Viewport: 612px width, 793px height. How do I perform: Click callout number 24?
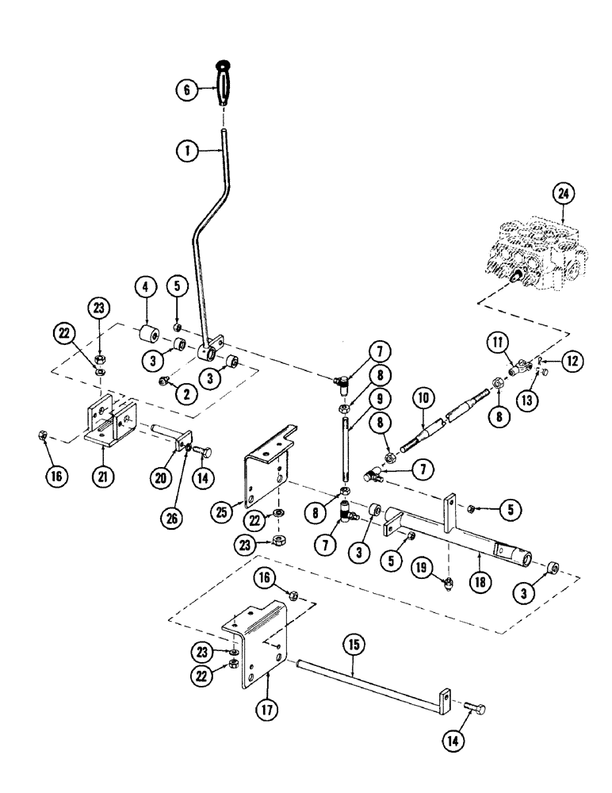point(564,193)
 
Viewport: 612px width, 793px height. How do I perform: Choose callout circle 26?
point(173,519)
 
